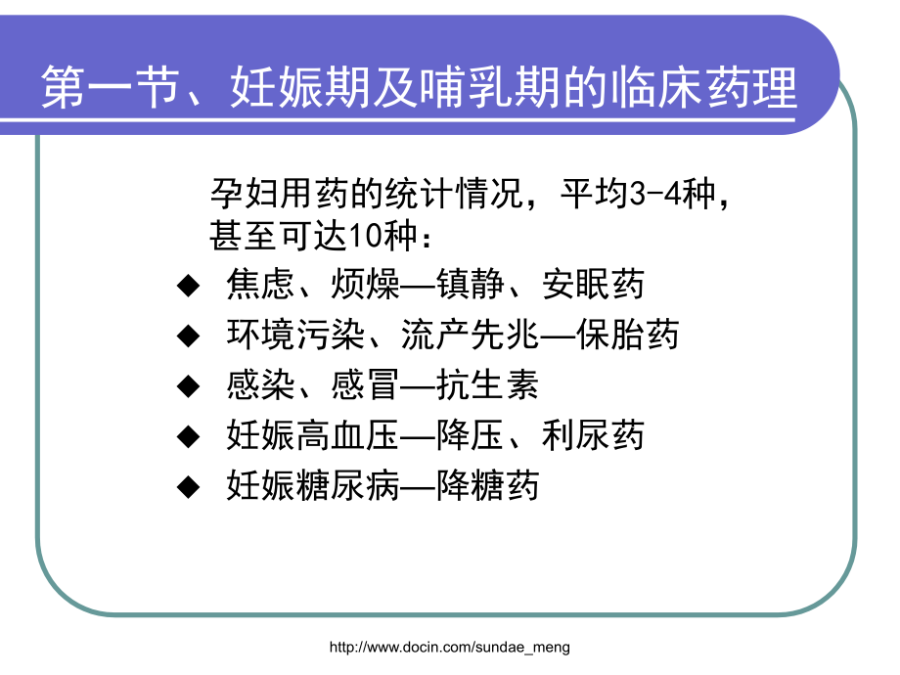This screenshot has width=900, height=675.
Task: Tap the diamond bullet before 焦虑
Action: coord(187,286)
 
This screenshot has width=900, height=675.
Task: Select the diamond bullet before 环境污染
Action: coord(187,337)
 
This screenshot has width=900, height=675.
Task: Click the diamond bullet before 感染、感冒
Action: coord(187,387)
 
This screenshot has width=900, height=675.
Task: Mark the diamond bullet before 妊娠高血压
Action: coord(187,436)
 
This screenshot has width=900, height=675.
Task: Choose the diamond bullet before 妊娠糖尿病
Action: coord(187,487)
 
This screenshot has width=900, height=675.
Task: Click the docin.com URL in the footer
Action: coord(449,647)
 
